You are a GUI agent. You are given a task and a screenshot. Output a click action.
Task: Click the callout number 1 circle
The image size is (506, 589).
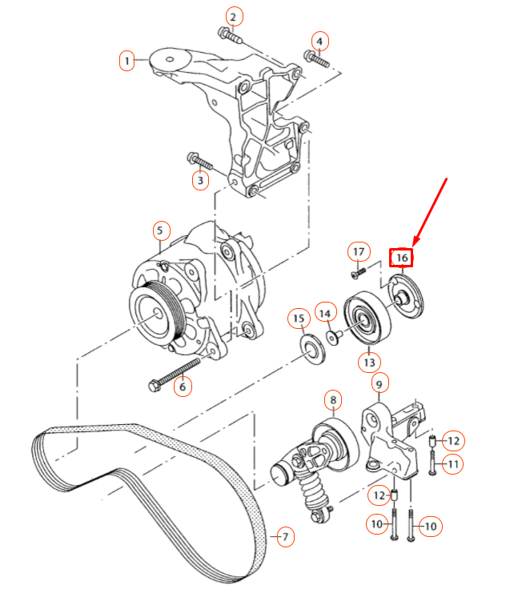click(x=127, y=60)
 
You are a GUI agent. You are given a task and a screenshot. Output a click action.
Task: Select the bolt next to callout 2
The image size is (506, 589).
click(x=229, y=34)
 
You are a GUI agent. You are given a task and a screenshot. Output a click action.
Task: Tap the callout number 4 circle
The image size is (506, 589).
click(x=319, y=41)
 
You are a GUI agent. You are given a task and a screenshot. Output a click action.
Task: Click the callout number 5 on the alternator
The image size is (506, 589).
click(x=159, y=232)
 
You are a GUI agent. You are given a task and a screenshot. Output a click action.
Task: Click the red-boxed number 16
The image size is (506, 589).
click(x=402, y=258)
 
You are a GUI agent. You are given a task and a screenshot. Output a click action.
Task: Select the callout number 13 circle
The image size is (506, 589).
click(x=368, y=363)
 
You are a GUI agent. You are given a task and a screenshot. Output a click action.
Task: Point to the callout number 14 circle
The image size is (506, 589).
click(x=325, y=311)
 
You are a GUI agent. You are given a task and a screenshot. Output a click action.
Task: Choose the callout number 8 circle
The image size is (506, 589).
click(x=332, y=399)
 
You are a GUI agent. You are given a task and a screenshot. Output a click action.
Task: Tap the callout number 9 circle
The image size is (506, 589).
click(x=379, y=383)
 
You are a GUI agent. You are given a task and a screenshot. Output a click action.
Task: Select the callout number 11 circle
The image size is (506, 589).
click(x=453, y=463)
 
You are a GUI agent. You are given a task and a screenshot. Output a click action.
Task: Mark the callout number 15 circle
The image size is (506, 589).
click(x=299, y=321)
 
